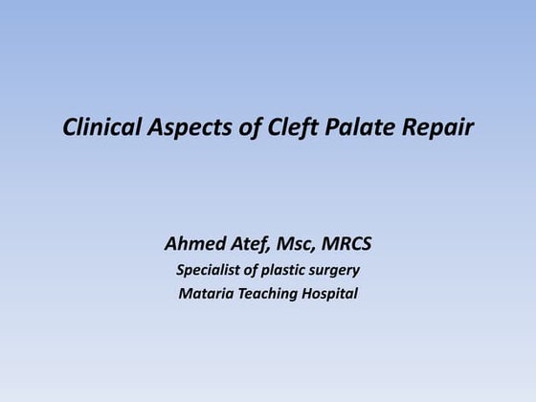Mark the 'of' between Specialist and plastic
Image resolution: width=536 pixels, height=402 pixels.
coord(252,269)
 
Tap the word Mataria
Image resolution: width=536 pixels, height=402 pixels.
coord(206,293)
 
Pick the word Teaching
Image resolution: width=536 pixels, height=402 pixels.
coord(269,293)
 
